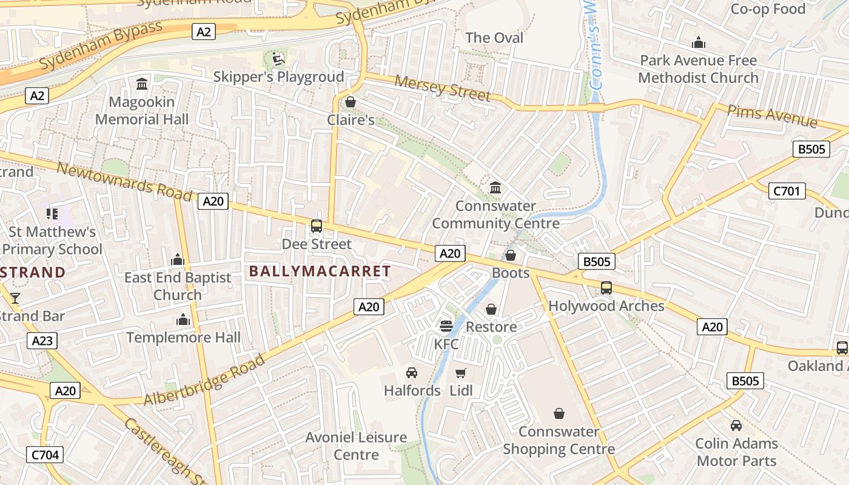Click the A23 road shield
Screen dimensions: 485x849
42,341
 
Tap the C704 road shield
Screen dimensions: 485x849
45,454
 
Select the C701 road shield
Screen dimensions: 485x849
787,191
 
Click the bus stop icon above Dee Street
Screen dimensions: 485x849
317,227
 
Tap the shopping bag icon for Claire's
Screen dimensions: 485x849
350,102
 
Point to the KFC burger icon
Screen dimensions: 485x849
446,326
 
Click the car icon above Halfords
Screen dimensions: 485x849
412,372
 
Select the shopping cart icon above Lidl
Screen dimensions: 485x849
461,373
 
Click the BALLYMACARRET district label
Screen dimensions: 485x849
320,271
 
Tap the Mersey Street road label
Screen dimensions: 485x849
442,88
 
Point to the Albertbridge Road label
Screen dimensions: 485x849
204,380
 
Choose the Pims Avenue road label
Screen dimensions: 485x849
771,115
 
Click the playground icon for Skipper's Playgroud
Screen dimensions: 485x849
277,59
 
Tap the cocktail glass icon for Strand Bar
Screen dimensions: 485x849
15,298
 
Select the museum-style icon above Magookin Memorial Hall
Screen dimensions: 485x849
142,84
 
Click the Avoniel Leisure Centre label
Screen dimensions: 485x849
356,446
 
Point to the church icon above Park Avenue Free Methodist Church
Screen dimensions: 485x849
699,42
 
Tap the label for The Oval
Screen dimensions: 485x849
494,38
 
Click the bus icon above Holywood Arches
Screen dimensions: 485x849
606,288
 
